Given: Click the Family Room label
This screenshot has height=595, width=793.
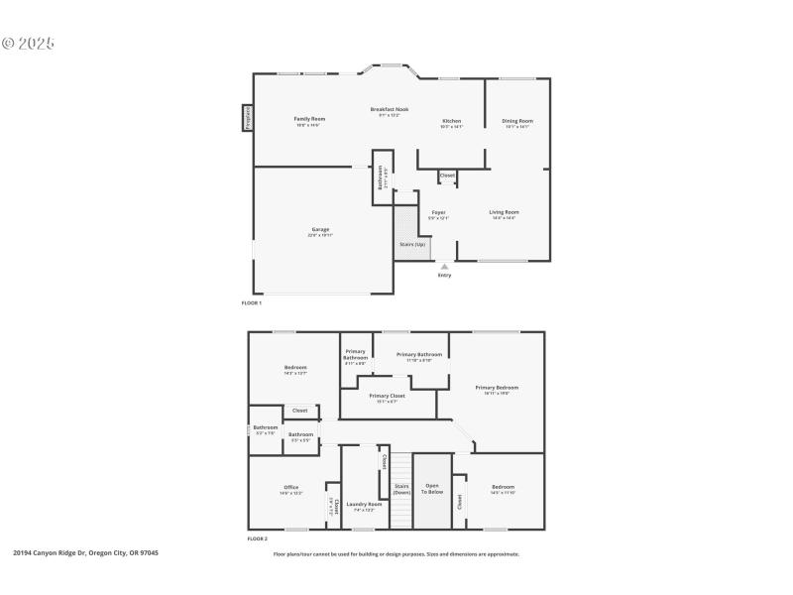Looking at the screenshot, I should [309, 119].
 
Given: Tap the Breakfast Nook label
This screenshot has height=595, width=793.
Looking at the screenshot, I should [390, 109].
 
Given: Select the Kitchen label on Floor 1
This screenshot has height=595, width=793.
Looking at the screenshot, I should [451, 121].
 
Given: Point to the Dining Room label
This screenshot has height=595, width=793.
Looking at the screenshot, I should [518, 121].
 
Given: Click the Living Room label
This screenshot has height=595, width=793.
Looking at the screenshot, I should [504, 211].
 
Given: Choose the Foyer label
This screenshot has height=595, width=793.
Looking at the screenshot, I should [438, 212].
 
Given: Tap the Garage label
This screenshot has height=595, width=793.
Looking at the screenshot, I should [320, 230].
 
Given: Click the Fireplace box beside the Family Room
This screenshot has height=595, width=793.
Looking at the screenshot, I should [247, 118].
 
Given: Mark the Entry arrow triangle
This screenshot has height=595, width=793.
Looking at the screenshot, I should [444, 266].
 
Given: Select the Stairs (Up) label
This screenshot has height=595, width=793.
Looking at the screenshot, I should [412, 244].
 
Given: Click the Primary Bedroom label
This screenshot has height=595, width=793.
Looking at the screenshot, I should [497, 388].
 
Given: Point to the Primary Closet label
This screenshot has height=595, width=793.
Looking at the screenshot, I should [388, 396].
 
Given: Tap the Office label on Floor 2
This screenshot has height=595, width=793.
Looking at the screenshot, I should [290, 487].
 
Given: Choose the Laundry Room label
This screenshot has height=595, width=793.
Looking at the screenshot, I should [364, 504].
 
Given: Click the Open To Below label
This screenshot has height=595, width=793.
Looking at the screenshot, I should [432, 489].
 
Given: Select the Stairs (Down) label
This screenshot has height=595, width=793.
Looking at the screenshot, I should [401, 489].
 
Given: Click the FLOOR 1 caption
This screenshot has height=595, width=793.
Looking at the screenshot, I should [252, 302].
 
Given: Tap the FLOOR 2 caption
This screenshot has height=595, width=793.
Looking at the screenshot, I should [257, 538].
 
